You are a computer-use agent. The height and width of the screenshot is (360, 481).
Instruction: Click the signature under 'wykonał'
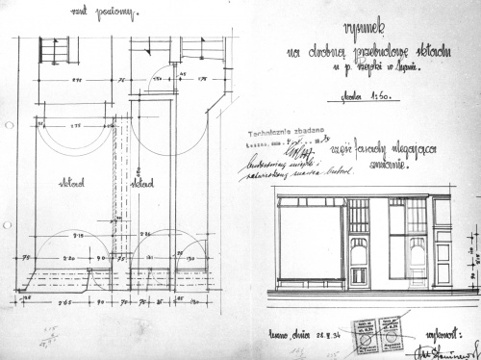coord(449,349)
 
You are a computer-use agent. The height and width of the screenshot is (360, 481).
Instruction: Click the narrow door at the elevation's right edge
coord(443,243)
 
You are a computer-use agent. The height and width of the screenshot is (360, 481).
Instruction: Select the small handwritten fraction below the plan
coord(44,331)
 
